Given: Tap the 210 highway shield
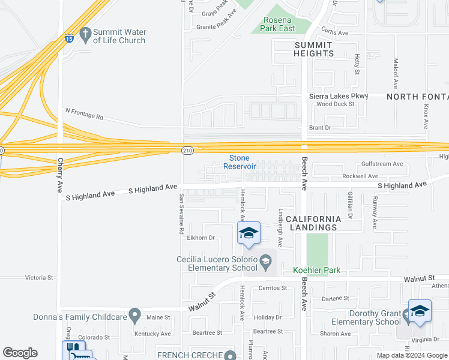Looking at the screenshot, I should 187,148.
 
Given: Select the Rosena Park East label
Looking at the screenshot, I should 279,24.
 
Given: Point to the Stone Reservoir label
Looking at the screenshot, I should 240,161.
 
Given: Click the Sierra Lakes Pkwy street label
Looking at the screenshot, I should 339,95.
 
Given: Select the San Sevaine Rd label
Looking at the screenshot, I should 181,214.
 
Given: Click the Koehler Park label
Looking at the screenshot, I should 316,271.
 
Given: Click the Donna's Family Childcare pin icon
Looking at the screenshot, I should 134,315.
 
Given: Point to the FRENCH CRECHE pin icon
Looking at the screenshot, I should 229,355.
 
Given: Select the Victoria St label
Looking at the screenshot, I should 39,278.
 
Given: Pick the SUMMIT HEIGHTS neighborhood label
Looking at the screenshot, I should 313,49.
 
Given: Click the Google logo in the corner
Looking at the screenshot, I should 20,353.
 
